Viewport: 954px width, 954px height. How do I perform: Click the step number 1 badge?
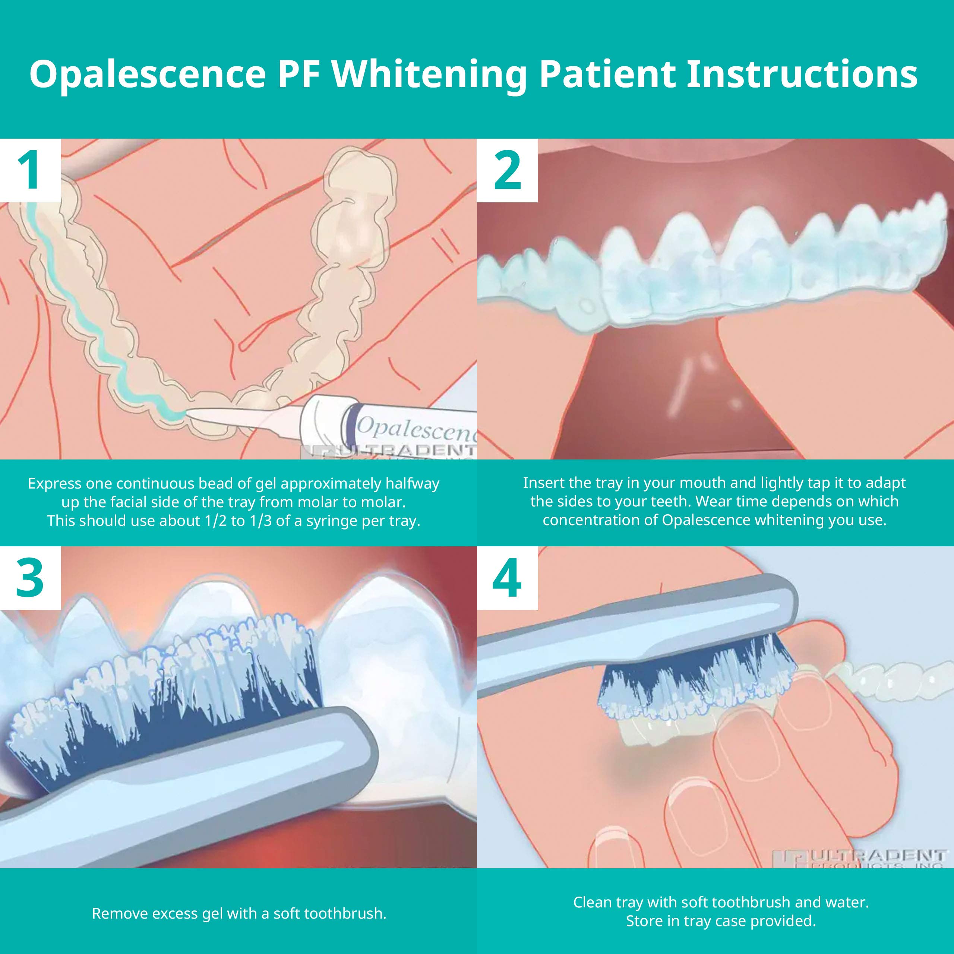(x=31, y=170)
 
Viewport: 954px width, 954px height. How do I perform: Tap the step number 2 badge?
(x=507, y=170)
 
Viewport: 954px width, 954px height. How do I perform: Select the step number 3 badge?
(x=31, y=578)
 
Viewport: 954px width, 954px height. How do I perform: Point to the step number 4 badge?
(x=507, y=578)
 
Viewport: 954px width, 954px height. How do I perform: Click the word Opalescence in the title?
(x=147, y=74)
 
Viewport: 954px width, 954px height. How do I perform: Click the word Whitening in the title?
(x=429, y=74)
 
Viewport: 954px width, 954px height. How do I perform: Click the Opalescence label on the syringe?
(x=415, y=429)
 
